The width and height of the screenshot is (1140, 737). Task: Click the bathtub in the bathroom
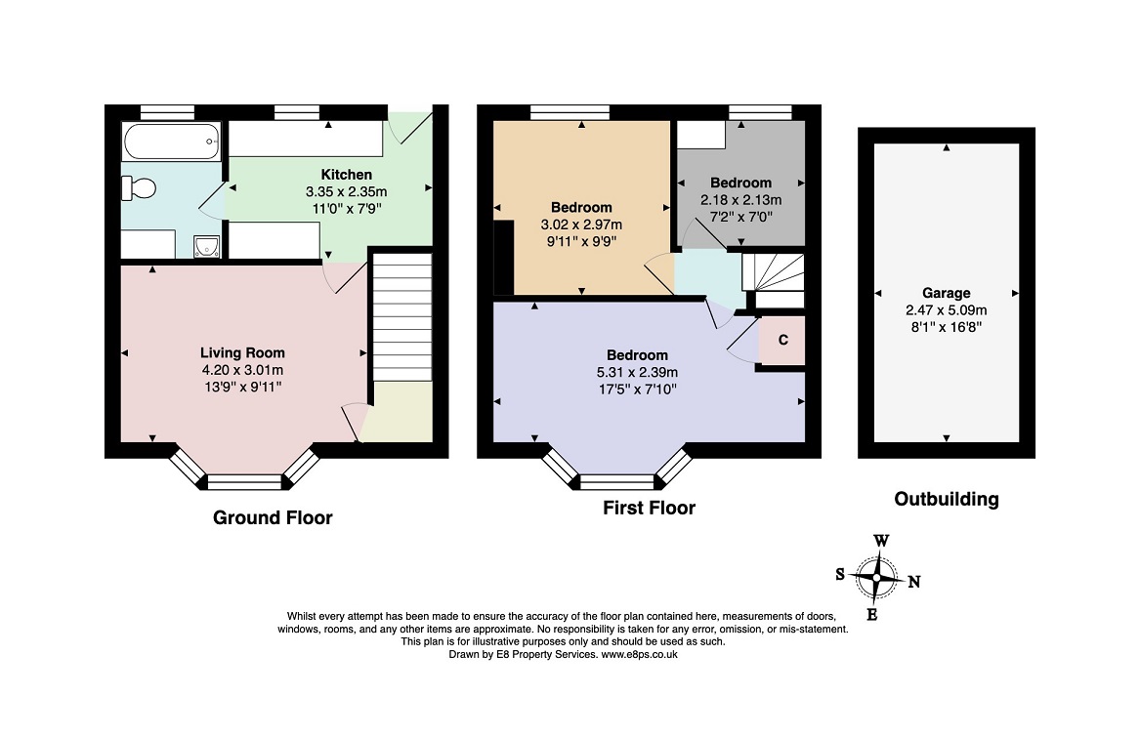pyautogui.click(x=171, y=142)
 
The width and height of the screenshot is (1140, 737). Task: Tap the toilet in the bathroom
pyautogui.click(x=140, y=187)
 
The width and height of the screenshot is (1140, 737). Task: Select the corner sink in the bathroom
pyautogui.click(x=206, y=245)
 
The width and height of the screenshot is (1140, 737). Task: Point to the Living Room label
pyautogui.click(x=242, y=352)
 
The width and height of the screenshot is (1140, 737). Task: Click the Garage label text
pyautogui.click(x=946, y=293)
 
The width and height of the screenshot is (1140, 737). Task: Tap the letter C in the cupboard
pyautogui.click(x=782, y=341)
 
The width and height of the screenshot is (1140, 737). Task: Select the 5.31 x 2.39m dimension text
pyautogui.click(x=637, y=372)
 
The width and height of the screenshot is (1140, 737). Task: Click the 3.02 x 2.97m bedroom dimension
pyautogui.click(x=581, y=225)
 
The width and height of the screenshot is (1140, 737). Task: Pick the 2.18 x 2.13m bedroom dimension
pyautogui.click(x=740, y=200)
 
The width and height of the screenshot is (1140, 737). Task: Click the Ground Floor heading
pyautogui.click(x=273, y=518)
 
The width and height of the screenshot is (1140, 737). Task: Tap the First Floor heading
pyautogui.click(x=649, y=508)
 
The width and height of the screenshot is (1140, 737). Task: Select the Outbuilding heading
pyautogui.click(x=946, y=500)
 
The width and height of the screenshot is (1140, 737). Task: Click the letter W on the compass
pyautogui.click(x=880, y=541)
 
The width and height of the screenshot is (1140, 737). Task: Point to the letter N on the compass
pyautogui.click(x=914, y=583)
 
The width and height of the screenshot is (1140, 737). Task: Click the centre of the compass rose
pyautogui.click(x=877, y=578)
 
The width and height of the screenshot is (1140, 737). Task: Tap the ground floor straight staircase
pyautogui.click(x=401, y=317)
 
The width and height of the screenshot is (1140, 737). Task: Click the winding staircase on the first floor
pyautogui.click(x=772, y=271)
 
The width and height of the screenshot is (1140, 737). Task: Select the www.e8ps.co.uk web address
pyautogui.click(x=639, y=655)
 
